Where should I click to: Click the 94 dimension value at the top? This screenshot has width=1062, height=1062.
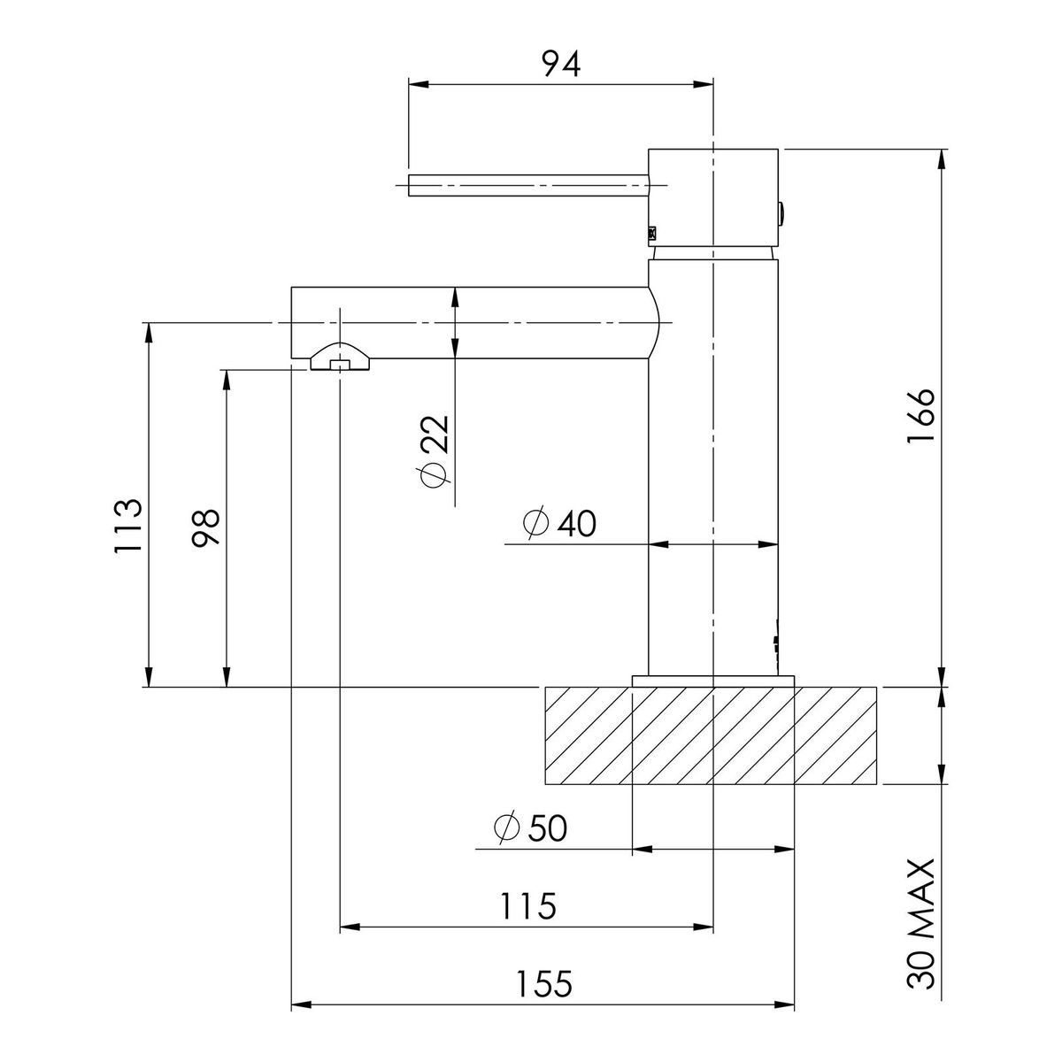point(562,64)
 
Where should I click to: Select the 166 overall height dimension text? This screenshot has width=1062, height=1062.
point(921,415)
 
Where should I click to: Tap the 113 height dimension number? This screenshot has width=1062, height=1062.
point(127,525)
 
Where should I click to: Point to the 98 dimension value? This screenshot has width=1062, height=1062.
point(205,527)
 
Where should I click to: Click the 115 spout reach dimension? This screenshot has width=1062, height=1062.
point(527,906)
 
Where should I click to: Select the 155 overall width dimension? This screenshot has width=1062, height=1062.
point(543,984)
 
